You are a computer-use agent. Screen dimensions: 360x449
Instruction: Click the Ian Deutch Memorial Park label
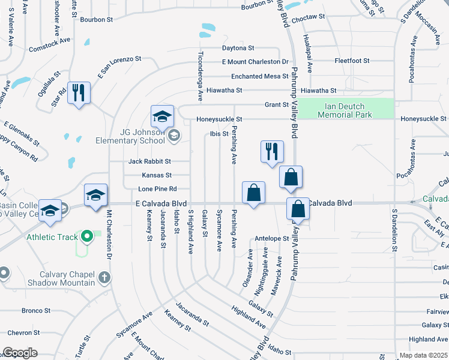point(345,110)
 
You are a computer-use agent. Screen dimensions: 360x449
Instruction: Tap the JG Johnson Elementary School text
point(130,136)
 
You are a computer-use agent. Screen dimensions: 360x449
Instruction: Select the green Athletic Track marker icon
point(86,236)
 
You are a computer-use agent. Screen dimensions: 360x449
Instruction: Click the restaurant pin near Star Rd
point(79,94)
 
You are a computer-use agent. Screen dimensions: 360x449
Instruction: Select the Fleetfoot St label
point(352,61)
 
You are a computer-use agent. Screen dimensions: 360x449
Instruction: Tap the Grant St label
point(277,104)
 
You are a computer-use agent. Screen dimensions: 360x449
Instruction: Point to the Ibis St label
point(219,134)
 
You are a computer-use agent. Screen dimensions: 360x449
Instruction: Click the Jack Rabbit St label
point(149,161)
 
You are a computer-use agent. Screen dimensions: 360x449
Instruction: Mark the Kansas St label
point(157,175)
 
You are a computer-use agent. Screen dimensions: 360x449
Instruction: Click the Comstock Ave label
point(50,46)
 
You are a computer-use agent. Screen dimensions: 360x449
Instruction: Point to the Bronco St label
point(36,310)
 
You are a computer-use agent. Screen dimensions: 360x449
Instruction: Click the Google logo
point(20,353)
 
